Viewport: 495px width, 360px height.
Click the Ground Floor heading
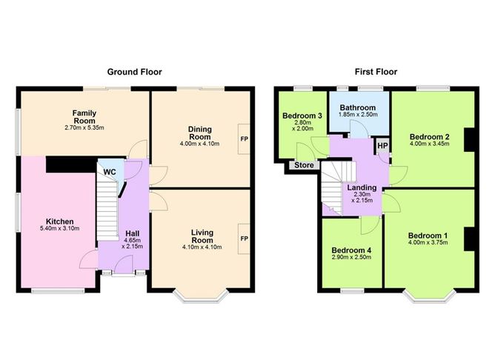pos(134,72)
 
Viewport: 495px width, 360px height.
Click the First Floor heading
pos(376,72)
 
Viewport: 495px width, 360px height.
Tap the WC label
pos(110,173)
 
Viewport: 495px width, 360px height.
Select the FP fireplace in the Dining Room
pos(244,139)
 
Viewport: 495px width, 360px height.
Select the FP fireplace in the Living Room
pos(244,239)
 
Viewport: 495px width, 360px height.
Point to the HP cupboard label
pos(382,146)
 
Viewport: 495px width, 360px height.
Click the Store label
pos(304,165)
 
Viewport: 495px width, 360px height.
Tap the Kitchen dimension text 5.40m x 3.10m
pos(60,228)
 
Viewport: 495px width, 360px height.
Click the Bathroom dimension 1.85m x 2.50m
pos(358,115)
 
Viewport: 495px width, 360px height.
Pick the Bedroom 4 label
pos(351,250)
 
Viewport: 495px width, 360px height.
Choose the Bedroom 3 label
pos(302,116)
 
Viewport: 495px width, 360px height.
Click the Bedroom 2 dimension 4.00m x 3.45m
pos(429,144)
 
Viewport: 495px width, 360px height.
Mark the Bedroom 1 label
pos(428,236)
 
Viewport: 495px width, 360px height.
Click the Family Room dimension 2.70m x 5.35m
pos(84,128)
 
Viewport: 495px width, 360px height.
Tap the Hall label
pos(133,233)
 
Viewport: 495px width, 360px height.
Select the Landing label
pos(362,187)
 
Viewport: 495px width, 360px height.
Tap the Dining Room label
pos(200,133)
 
